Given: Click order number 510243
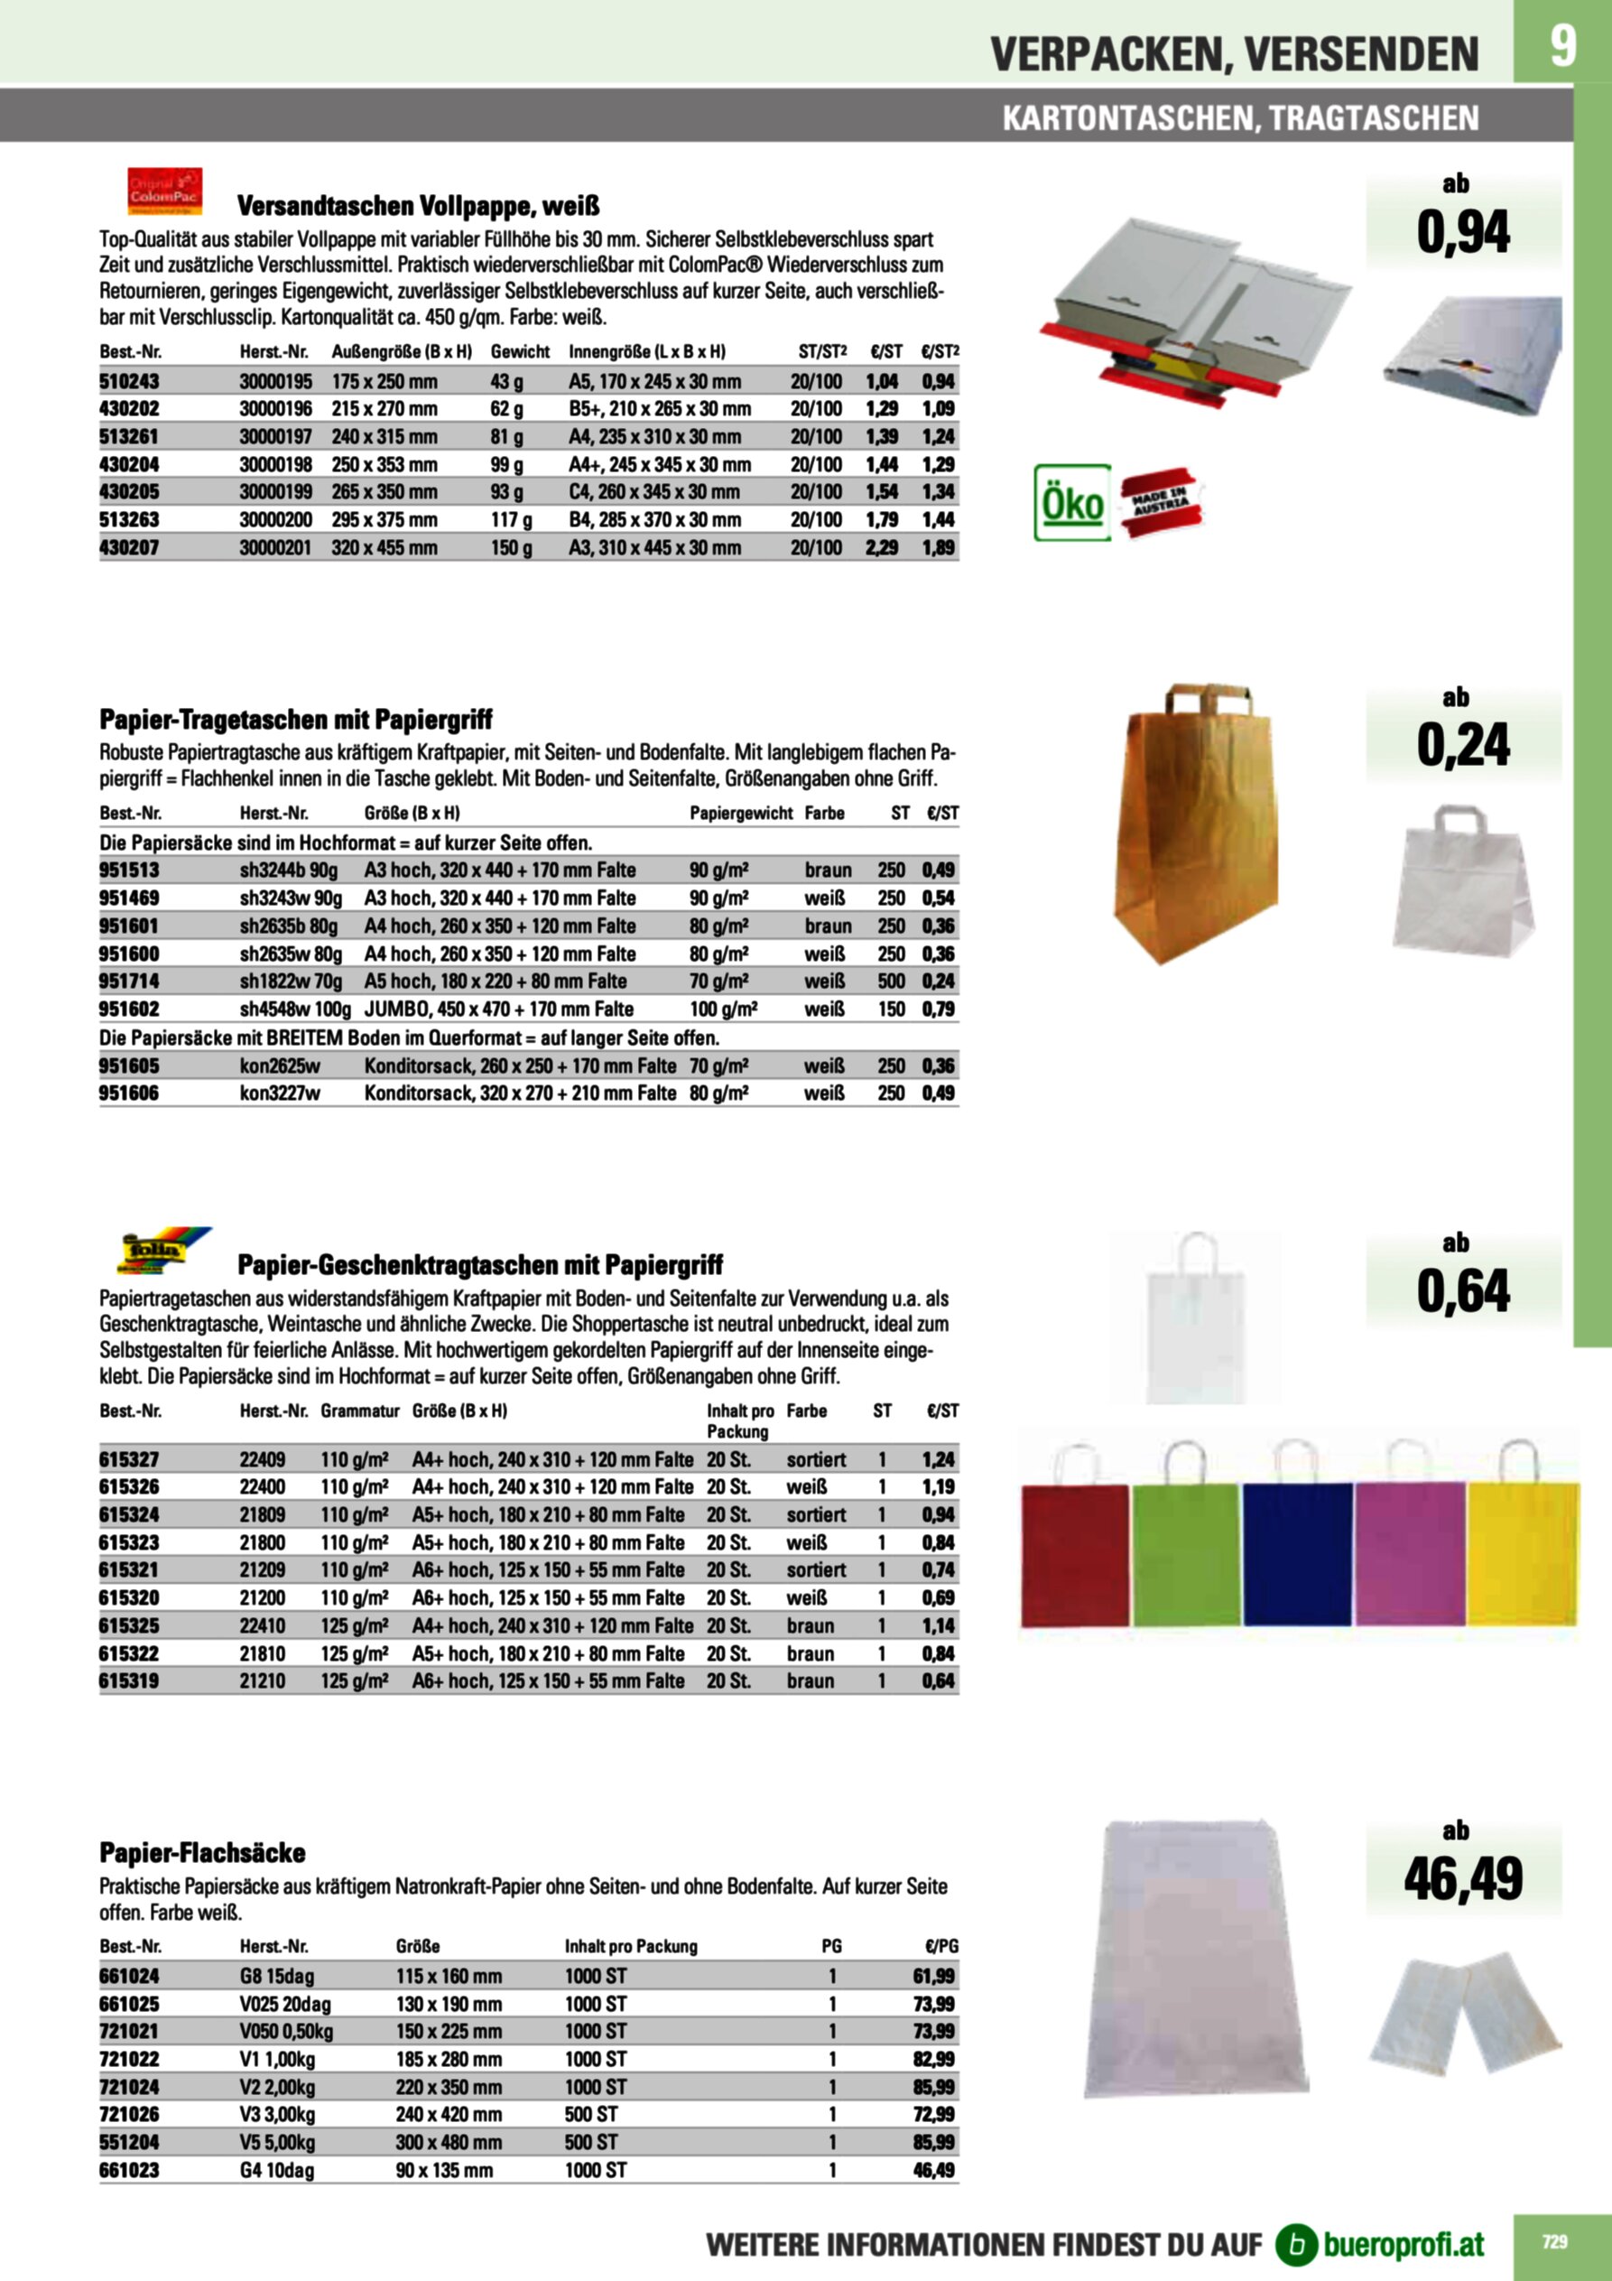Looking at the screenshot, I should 129,381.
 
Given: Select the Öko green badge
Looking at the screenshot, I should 1071,503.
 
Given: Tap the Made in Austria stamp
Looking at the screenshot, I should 1160,503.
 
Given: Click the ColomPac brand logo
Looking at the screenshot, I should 165,191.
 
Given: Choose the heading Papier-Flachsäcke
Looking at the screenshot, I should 202,1853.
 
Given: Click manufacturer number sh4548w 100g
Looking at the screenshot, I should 295,1010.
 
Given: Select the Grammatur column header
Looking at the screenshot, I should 359,1410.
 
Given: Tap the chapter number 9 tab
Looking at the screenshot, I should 1561,46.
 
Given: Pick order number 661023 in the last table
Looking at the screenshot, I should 129,2171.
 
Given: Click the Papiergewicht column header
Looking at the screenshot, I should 741,813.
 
